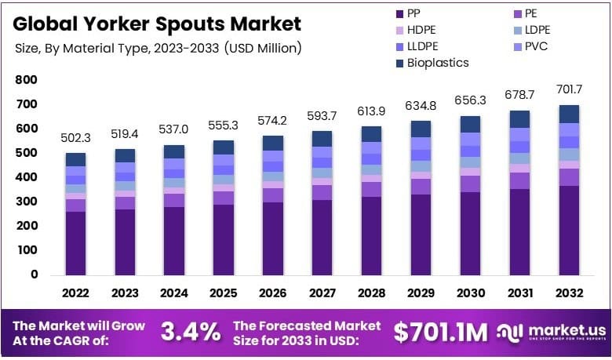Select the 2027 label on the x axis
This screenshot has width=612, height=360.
point(321,294)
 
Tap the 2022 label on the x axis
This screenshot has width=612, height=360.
point(75,294)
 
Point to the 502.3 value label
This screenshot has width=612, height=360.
point(75,138)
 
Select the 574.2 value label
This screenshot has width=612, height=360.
point(271,121)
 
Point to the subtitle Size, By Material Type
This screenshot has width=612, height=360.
point(157,48)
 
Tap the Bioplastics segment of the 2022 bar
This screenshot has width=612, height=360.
point(75,159)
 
